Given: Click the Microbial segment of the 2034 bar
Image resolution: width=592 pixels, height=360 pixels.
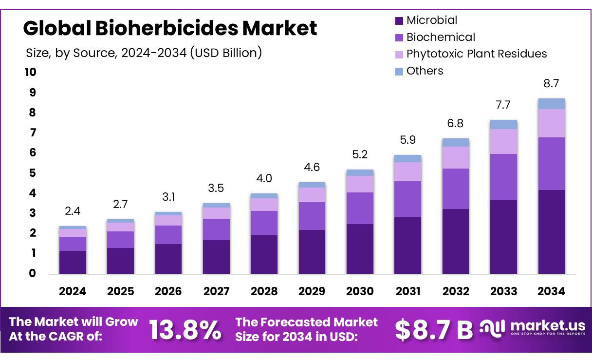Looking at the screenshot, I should click(x=551, y=231).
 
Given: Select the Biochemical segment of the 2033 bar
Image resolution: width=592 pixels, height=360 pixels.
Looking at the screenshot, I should click(x=503, y=177).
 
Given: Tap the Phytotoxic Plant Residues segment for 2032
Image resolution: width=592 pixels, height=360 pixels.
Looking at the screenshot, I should click(x=455, y=157).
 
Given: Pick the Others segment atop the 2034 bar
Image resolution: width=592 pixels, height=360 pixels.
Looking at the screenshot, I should click(x=551, y=103).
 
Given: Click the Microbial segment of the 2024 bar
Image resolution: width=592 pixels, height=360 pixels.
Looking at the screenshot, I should click(x=73, y=262).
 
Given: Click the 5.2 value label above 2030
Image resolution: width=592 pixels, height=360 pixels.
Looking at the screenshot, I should click(x=360, y=154).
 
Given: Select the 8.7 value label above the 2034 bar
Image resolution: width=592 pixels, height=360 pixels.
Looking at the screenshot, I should click(x=551, y=83).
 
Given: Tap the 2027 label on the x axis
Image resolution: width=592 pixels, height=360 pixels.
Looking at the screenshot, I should click(x=216, y=291).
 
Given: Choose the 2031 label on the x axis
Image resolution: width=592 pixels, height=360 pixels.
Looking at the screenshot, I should click(x=407, y=291).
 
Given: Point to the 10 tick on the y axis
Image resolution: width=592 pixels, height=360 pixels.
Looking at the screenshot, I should click(x=30, y=72).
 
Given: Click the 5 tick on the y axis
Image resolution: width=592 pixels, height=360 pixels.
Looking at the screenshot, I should click(x=33, y=173).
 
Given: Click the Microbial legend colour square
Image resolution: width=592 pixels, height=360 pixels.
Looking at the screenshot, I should click(x=399, y=20).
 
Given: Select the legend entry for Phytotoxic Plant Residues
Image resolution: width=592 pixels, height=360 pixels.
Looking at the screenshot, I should click(x=476, y=54).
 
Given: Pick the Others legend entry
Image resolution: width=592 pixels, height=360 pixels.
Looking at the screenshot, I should click(x=425, y=71).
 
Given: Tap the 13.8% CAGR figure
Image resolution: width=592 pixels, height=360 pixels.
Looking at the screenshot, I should click(x=185, y=330).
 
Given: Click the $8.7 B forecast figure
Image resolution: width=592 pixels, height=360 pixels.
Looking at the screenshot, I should click(x=433, y=330).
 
